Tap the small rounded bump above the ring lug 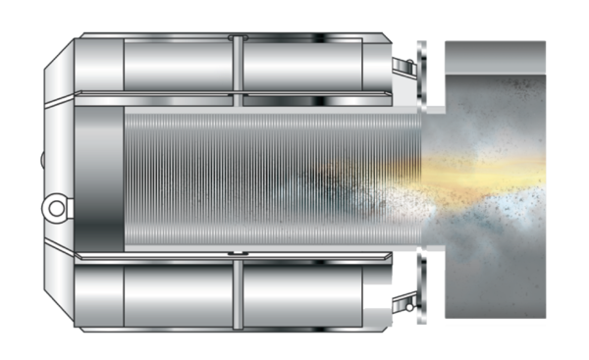tap(43, 160)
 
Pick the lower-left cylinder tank tap(177, 293)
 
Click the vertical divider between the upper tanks tap(237, 67)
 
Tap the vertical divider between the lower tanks tap(237, 292)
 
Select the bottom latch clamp tap(402, 293)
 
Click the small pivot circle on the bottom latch tap(398, 298)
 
